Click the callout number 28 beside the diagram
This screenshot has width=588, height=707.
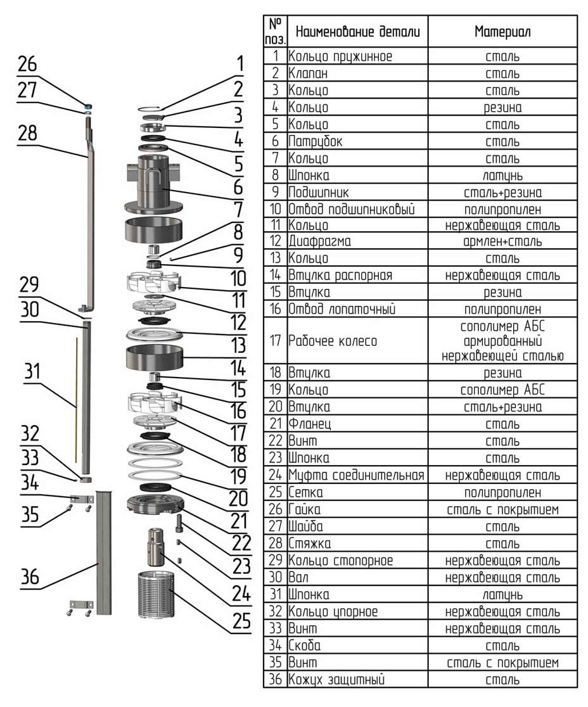pyautogui.click(x=27, y=134)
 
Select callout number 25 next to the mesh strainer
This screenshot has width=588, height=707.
pyautogui.click(x=241, y=620)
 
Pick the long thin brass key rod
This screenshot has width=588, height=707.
pyautogui.click(x=76, y=399)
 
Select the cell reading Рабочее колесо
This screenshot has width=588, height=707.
pyautogui.click(x=333, y=341)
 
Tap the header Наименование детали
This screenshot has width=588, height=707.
pyautogui.click(x=357, y=31)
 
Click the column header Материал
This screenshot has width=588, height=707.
pyautogui.click(x=502, y=31)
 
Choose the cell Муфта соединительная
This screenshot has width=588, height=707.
pyautogui.click(x=357, y=475)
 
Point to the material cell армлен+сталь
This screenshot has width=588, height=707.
pyautogui.click(x=502, y=241)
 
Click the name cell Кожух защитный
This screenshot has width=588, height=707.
pyautogui.click(x=336, y=680)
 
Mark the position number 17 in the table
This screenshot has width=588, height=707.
pyautogui.click(x=275, y=341)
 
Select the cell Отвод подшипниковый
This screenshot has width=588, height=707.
pyautogui.click(x=352, y=208)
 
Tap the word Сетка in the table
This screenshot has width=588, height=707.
pyautogui.click(x=306, y=492)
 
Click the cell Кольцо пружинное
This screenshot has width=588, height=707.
pyautogui.click(x=340, y=56)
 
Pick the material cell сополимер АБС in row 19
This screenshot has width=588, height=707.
pyautogui.click(x=502, y=390)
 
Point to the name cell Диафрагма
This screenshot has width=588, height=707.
pyautogui.click(x=320, y=241)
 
